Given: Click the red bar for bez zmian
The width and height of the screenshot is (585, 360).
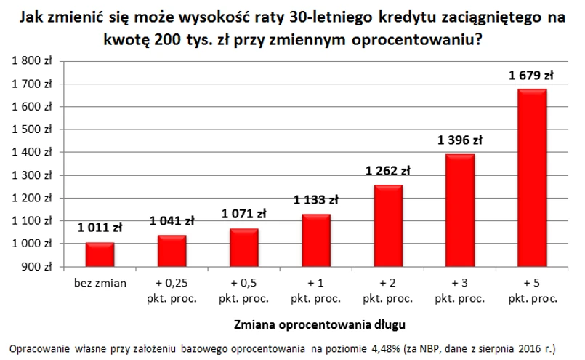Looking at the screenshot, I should tap(100, 255).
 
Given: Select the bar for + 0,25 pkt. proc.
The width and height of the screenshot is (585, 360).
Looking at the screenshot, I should tap(172, 251).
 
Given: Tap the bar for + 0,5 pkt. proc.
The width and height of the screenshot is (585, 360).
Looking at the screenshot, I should tap(243, 248).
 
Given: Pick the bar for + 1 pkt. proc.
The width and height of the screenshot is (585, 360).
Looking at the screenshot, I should tap(315, 241).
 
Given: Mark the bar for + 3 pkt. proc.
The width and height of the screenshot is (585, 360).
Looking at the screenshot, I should tap(460, 211).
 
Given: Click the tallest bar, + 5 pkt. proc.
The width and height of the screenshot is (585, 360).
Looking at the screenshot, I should tap(532, 178).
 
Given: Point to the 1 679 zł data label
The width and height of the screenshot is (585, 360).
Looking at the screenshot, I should tap(532, 74).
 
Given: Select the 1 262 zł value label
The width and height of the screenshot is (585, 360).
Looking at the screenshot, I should tap(387, 172).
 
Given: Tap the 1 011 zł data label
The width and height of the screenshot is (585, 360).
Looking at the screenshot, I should tap(100, 228).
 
